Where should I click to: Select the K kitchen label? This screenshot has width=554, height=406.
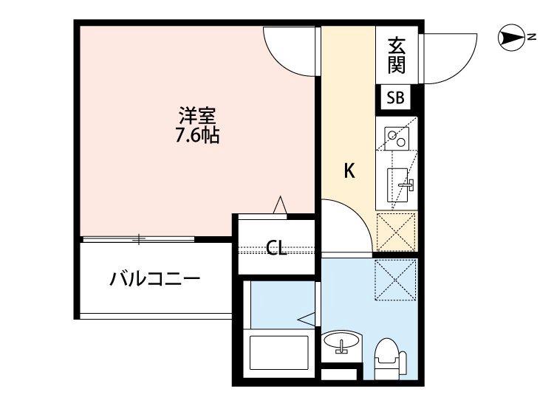[x=349, y=171]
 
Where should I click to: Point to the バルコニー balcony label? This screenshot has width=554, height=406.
[x=155, y=279]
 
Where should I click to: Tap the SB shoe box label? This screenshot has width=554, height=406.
[x=395, y=98]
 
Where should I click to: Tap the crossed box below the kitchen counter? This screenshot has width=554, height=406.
[x=396, y=230]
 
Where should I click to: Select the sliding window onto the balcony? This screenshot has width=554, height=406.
[x=138, y=238]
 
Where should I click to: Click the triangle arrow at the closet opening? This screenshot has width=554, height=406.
[x=280, y=205]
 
